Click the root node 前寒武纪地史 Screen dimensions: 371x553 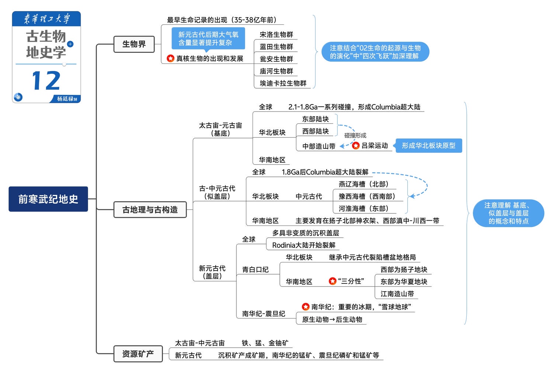click(x=48, y=199)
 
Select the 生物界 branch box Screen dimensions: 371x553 click(x=134, y=44)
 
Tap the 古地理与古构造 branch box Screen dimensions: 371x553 click(x=150, y=210)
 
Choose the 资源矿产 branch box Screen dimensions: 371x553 click(x=138, y=354)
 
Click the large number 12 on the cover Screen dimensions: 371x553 click(x=46, y=81)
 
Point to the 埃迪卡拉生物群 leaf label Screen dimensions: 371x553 click(x=283, y=83)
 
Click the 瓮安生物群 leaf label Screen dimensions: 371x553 click(x=276, y=59)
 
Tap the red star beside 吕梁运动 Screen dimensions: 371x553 click(x=356, y=146)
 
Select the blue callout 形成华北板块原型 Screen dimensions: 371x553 click(x=428, y=146)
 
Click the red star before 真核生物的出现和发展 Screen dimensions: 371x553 click(x=170, y=58)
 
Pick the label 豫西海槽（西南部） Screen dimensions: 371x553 click(x=367, y=196)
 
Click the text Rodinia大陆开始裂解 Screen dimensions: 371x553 click(x=304, y=245)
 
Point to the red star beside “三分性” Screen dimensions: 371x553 click(x=333, y=281)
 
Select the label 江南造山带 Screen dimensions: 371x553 click(x=397, y=294)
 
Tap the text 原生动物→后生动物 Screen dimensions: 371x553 click(x=332, y=319)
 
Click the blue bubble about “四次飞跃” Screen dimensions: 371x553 click(x=375, y=52)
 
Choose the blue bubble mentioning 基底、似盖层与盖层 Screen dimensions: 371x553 click(x=508, y=213)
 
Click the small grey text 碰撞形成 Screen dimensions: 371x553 click(x=355, y=135)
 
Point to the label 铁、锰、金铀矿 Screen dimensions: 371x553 click(x=265, y=343)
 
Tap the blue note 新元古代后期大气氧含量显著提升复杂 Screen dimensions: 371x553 click(x=208, y=38)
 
